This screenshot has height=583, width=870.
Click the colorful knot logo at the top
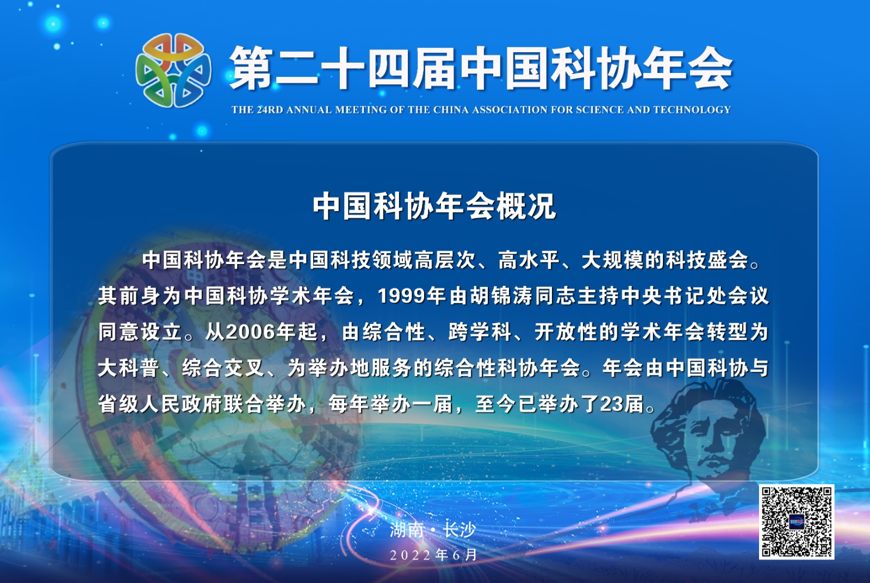coord(173,70)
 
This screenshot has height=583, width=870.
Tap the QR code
coord(797,521)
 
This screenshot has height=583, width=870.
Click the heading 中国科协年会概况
coord(434,206)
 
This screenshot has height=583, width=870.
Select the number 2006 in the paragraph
coord(249,332)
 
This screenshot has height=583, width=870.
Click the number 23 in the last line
coord(612,404)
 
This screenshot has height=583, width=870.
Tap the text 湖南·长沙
coord(433,530)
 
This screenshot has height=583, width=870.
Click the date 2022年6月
coord(433,555)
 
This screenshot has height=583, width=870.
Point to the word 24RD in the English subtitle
coord(270,110)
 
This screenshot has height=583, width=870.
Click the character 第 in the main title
coord(251,69)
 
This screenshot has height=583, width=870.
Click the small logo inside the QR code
coord(797,521)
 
